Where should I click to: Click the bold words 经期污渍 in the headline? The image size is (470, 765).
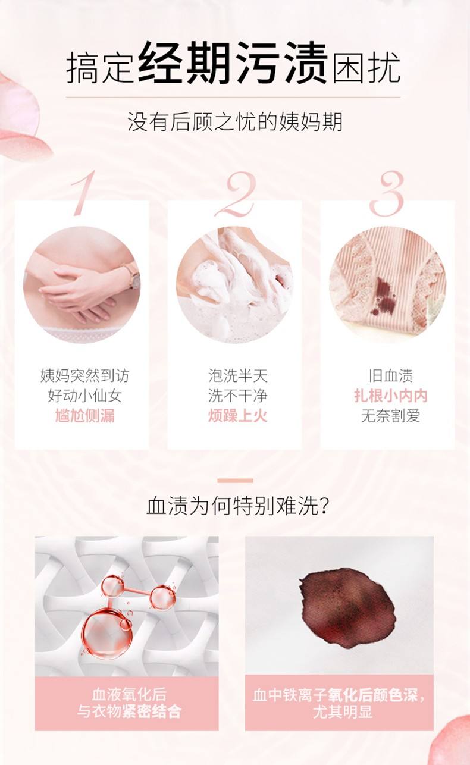tap(233, 62)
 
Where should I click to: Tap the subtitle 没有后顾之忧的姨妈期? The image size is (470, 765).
tap(235, 121)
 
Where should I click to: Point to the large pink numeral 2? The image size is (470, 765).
tap(236, 194)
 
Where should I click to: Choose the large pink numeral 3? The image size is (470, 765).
tap(387, 194)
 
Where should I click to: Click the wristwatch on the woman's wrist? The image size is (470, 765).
tap(132, 275)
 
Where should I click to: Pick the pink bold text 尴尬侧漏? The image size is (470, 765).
tap(84, 416)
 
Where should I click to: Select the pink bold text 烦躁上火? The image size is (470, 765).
tap(237, 416)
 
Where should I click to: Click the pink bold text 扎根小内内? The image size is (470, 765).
tap(390, 396)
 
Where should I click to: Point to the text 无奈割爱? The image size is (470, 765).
tap(390, 416)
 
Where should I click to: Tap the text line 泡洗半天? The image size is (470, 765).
tap(238, 376)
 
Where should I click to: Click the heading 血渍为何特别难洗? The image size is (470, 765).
tap(237, 506)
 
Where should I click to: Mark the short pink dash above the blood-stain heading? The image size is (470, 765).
tap(235, 481)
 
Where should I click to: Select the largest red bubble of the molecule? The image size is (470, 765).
tap(108, 632)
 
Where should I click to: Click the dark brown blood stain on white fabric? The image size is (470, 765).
tap(347, 609)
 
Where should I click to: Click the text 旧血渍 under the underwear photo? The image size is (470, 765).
tap(390, 376)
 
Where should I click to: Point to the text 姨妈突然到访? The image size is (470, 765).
tap(84, 376)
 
